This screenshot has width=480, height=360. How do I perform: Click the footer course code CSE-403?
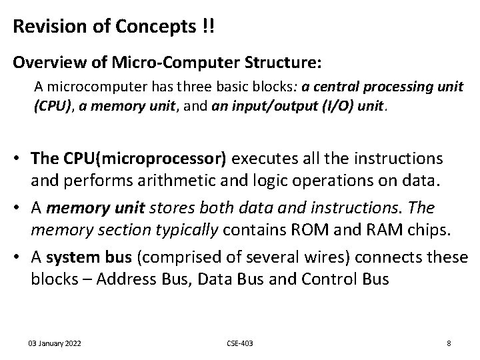pyautogui.click(x=240, y=343)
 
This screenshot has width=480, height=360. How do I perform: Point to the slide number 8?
pyautogui.click(x=449, y=343)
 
